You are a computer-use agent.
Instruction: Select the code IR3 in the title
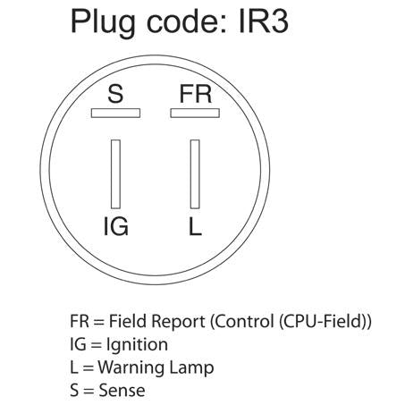264,21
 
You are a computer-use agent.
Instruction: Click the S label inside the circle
115,94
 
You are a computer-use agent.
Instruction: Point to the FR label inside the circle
196,94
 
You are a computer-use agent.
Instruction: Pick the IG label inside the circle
116,226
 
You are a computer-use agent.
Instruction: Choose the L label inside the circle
195,226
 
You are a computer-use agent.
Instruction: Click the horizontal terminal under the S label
115,113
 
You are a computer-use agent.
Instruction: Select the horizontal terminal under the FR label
195,113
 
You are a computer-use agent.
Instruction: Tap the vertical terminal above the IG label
115,174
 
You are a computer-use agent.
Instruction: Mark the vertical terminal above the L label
195,174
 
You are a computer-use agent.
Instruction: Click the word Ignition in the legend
137,346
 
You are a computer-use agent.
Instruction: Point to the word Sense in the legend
122,391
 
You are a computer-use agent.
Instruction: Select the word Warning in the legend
131,368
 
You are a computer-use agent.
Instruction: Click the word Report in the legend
178,322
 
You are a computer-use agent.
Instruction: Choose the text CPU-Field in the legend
321,321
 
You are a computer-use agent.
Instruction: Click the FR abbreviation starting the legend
80,321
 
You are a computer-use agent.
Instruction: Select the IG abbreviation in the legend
78,344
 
